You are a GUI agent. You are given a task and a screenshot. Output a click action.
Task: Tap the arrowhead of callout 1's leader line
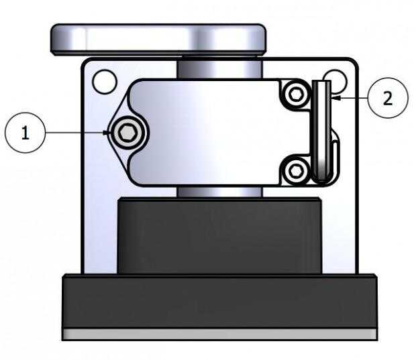point(107,133)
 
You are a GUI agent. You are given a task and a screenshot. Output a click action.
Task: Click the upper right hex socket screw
point(296,94)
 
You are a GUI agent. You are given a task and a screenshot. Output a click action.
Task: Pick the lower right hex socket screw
point(296,171)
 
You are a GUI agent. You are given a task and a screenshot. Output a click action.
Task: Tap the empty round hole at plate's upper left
point(105,82)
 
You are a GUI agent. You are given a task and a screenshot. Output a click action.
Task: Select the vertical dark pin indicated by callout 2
point(321,131)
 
